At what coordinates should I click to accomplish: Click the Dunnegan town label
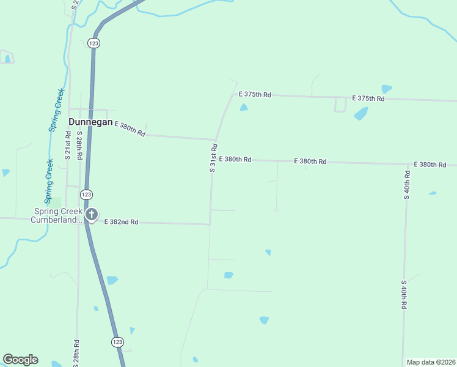click(90, 122)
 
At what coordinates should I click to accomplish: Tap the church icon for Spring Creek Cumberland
click(92, 214)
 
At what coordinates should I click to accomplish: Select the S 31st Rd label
click(213, 158)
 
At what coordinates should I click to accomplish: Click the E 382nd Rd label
click(122, 222)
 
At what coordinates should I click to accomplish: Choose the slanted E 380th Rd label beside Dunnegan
click(130, 129)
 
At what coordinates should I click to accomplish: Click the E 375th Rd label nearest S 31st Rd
click(255, 95)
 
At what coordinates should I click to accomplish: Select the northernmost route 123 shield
click(93, 43)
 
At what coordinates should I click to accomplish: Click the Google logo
click(21, 360)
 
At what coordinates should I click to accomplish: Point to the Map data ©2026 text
click(431, 362)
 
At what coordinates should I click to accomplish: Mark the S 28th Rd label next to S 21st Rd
click(79, 146)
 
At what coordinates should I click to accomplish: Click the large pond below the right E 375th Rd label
click(361, 114)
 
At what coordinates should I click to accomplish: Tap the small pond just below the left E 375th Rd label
click(244, 108)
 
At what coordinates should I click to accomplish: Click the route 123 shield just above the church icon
click(86, 194)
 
